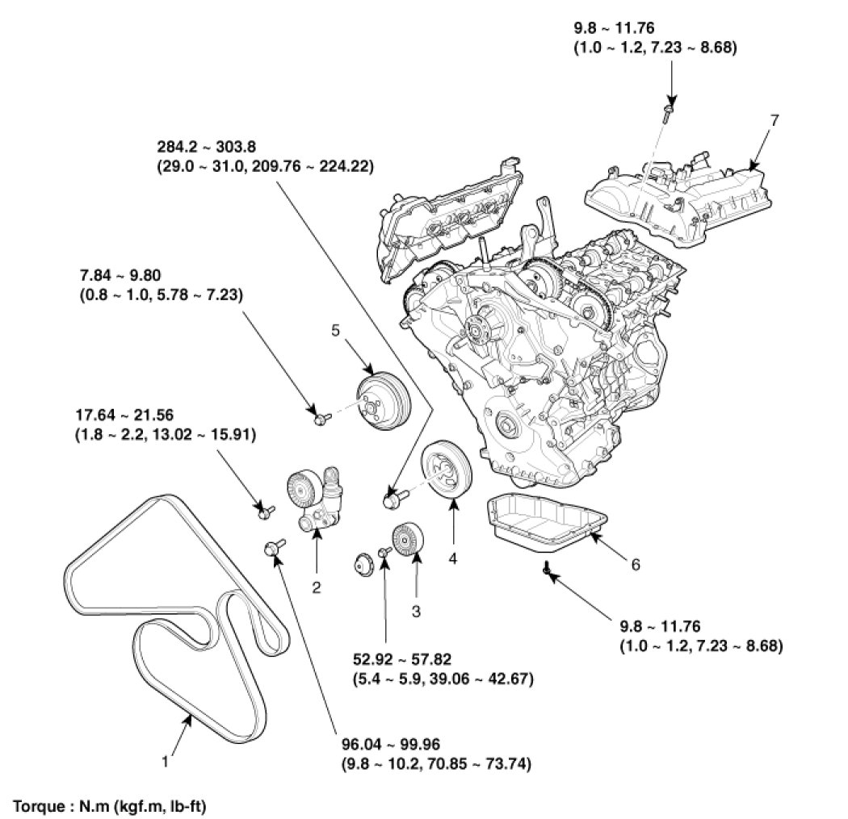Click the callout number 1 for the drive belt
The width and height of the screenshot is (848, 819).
click(x=166, y=760)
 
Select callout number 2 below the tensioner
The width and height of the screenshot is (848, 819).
click(x=317, y=588)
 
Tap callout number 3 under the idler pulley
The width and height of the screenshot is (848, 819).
click(x=417, y=612)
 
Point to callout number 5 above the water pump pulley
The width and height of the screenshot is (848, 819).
click(x=336, y=329)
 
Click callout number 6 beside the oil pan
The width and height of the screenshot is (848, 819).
click(x=636, y=565)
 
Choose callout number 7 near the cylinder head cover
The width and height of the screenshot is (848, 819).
click(x=775, y=120)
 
